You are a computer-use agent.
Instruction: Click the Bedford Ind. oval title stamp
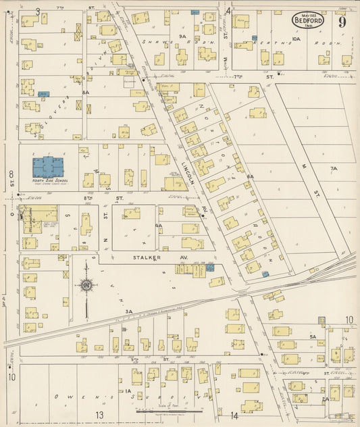click(307, 20)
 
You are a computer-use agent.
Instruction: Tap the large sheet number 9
click(343, 21)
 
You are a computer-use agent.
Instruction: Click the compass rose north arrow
click(86, 286)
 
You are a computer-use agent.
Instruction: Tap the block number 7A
click(333, 168)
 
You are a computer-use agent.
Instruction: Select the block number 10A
click(296, 40)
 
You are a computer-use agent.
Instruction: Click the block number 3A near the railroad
click(128, 311)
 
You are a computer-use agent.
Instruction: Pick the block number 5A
click(313, 336)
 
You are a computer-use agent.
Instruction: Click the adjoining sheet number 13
click(99, 414)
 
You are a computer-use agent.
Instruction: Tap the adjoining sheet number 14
click(234, 414)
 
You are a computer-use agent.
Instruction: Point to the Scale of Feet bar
click(169, 409)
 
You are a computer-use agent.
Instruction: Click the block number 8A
click(86, 92)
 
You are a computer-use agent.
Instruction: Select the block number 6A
click(250, 176)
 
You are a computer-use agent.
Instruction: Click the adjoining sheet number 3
click(38, 11)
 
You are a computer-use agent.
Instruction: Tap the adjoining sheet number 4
click(228, 11)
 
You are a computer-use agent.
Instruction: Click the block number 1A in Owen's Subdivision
click(126, 391)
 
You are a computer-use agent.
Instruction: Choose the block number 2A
click(325, 399)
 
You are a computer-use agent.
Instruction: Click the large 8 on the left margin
click(11, 176)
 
